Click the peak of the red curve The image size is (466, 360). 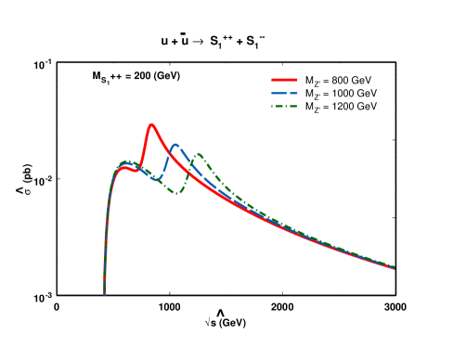point(150,124)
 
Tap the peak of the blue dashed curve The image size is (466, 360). point(175,145)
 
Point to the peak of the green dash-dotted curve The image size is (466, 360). point(198,154)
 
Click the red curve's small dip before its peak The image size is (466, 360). point(137,171)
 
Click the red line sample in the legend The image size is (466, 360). point(284,80)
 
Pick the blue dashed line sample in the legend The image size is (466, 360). point(284,94)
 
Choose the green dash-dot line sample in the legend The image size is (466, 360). point(284,107)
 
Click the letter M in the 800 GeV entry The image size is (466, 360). point(309,80)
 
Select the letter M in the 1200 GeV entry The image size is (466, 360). point(309,107)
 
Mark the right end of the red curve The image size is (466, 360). point(395,269)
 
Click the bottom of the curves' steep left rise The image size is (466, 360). point(104,293)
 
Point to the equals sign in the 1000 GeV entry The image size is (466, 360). point(325,94)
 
